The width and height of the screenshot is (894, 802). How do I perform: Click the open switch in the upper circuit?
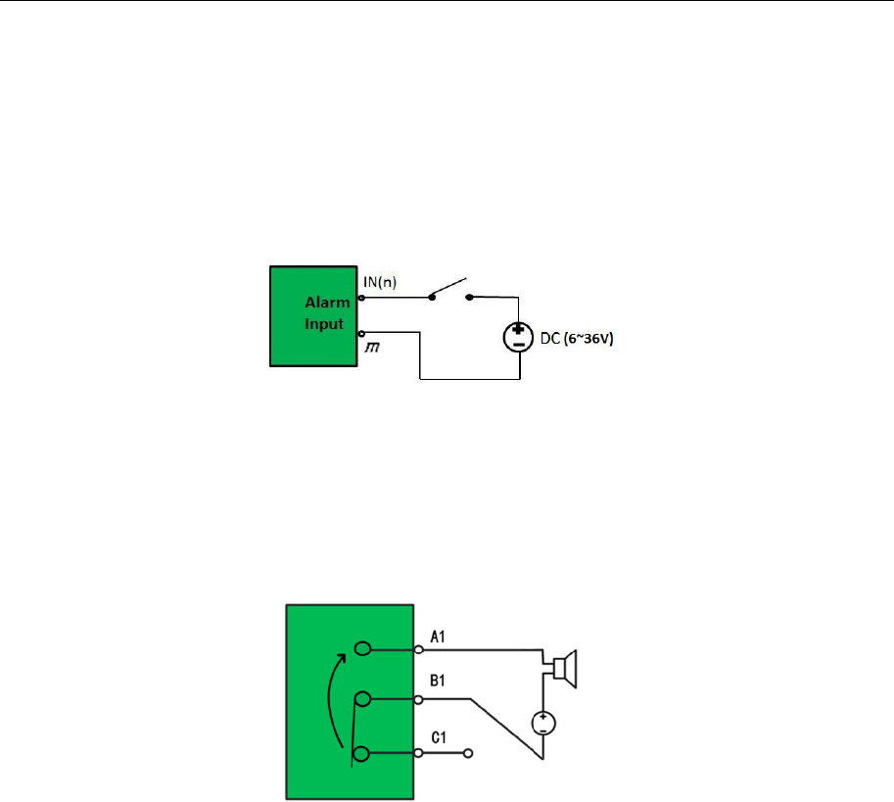point(449,290)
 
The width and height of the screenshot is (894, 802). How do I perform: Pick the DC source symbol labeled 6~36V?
point(517,338)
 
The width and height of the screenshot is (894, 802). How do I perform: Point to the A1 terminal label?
point(438,637)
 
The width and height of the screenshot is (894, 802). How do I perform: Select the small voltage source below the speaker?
point(542,724)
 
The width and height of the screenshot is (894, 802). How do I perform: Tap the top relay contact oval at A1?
point(362,648)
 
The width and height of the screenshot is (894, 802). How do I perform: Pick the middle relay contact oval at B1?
point(362,699)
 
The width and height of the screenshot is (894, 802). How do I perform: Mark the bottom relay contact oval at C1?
point(362,753)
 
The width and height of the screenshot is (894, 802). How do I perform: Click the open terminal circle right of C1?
point(469,753)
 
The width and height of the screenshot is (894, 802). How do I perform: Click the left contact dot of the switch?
point(430,296)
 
